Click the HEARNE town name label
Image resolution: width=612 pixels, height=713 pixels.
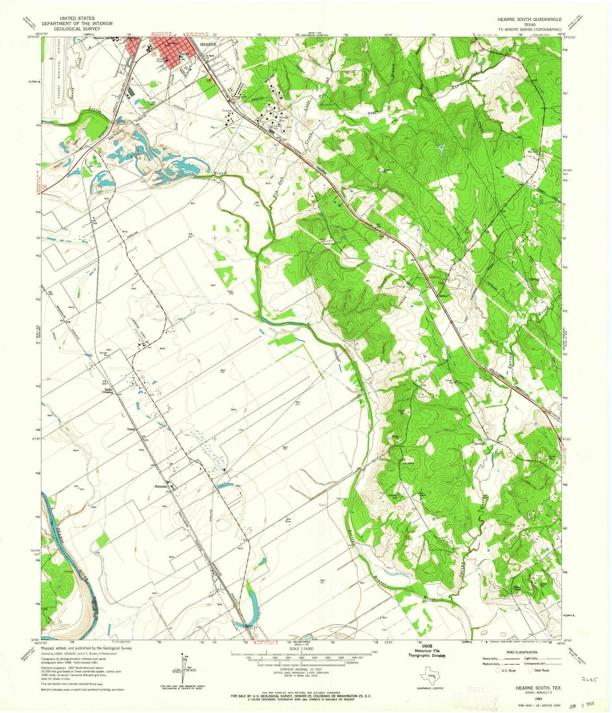208,45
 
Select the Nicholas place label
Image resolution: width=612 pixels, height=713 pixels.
161,486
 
